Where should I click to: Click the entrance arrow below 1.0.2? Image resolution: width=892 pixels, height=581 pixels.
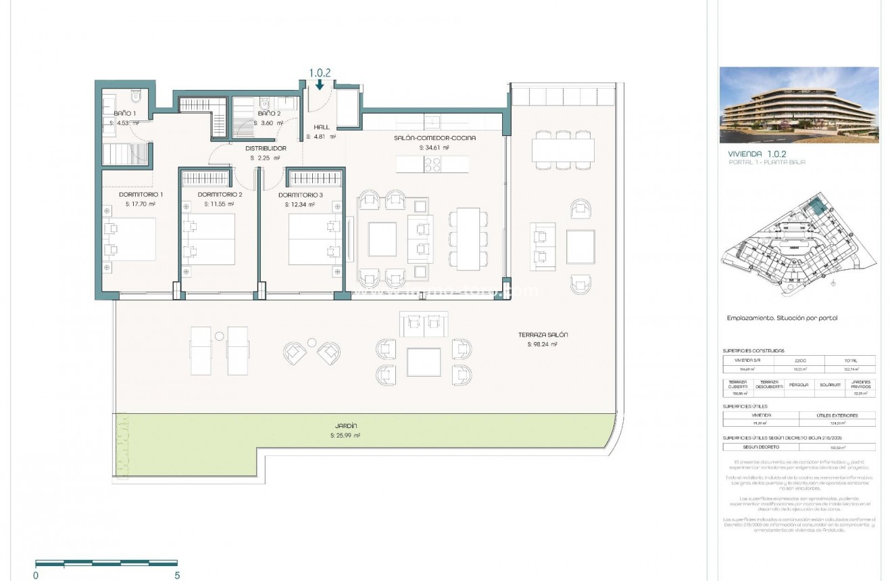coord(319,85)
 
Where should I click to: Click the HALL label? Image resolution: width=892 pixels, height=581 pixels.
coord(320,126)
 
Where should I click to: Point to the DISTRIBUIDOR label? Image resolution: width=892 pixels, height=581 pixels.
coord(265,147)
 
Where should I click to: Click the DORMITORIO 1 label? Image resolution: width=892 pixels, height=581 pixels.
coord(141,194)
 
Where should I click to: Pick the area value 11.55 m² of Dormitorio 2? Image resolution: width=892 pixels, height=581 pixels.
coord(219,204)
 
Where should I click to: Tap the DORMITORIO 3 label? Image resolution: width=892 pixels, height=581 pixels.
coord(300,194)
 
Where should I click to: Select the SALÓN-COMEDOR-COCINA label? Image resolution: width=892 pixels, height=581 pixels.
coord(435,137)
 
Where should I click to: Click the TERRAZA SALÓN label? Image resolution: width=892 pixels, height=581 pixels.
coord(543,335)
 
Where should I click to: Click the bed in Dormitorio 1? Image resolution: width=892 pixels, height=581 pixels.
coord(129,239)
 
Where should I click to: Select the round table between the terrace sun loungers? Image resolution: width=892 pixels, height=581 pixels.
coord(218,336)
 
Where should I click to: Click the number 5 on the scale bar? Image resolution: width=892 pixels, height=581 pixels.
coord(177,575)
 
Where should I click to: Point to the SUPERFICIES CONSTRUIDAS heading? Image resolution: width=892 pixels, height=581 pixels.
coord(753,351)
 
